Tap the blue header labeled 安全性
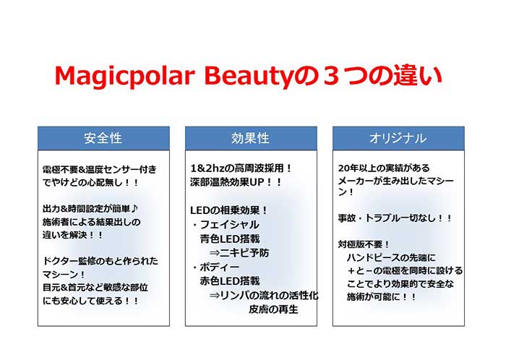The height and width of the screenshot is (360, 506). pyautogui.click(x=103, y=138)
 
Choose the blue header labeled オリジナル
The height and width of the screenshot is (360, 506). pyautogui.click(x=398, y=138)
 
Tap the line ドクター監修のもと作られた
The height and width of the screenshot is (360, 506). pyautogui.click(x=100, y=261)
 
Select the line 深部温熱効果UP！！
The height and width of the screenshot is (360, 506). pyautogui.click(x=232, y=182)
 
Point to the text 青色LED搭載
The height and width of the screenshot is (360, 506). pyautogui.click(x=229, y=238)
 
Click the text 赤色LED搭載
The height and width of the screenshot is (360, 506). pyautogui.click(x=229, y=280)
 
